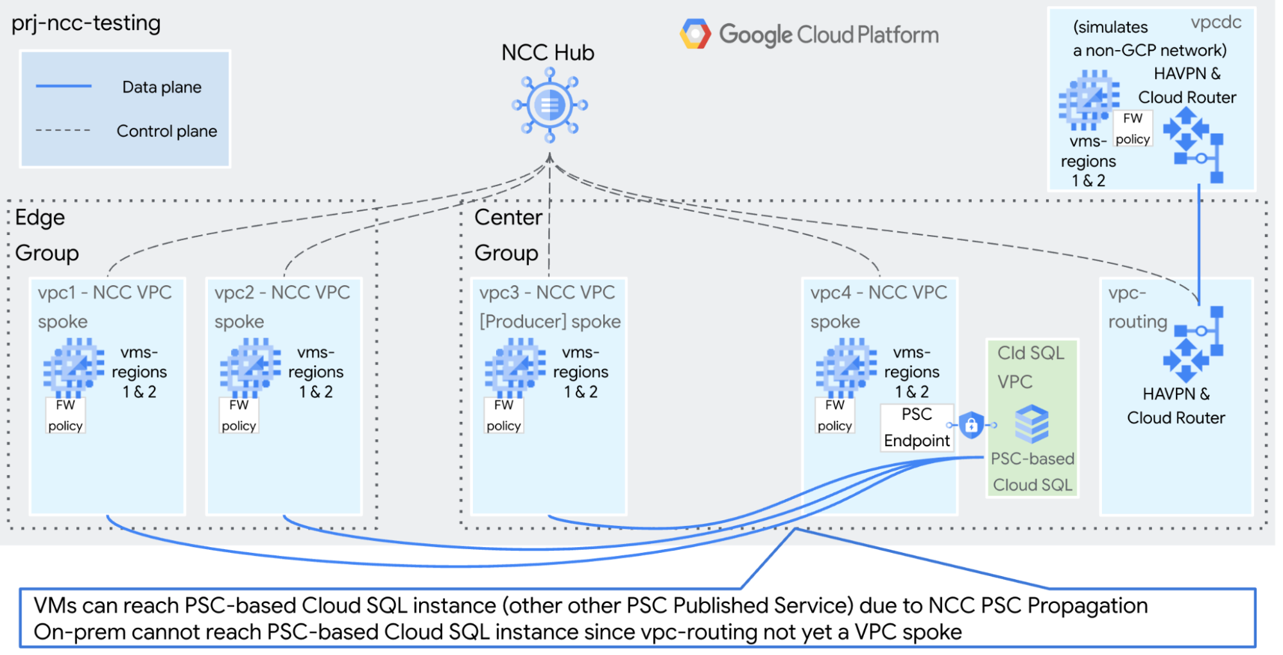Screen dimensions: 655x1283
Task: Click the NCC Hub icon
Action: (549, 105)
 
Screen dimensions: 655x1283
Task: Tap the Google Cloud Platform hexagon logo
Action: (696, 34)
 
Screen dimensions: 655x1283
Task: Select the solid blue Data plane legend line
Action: (64, 86)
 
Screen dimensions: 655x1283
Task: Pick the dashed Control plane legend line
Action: (63, 130)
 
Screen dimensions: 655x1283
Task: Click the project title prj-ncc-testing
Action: (86, 24)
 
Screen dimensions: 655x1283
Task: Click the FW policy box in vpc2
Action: (239, 415)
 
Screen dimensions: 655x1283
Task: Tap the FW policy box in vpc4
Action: (834, 415)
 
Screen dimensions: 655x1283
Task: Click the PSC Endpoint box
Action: (917, 428)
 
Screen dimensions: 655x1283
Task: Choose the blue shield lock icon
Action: (971, 425)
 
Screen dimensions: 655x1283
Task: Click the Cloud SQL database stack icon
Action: (1031, 424)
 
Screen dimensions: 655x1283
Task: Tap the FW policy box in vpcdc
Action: (1132, 129)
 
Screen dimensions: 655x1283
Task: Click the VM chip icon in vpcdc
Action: (1089, 99)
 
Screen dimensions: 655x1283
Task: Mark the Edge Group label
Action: (46, 235)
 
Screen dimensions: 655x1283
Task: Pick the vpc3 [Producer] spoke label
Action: (549, 307)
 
